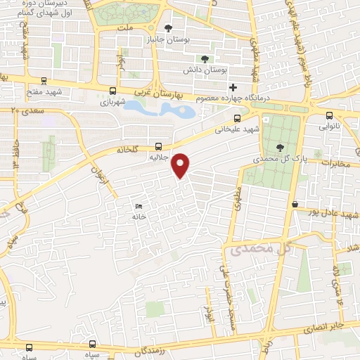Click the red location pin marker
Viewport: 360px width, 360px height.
[181, 165]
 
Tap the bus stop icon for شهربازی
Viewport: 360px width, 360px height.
[112, 91]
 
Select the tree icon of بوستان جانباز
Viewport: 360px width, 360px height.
[168, 29]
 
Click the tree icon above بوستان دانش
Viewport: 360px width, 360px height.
[205, 59]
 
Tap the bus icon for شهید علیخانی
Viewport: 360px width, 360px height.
[237, 118]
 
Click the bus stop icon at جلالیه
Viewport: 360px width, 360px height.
[158, 147]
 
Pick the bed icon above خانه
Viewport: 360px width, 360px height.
[139, 207]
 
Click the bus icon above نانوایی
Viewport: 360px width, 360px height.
[329, 116]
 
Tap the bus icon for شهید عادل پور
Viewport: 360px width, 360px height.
[295, 204]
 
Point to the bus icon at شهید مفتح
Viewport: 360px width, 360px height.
[44, 81]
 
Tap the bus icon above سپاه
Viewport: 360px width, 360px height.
[29, 347]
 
